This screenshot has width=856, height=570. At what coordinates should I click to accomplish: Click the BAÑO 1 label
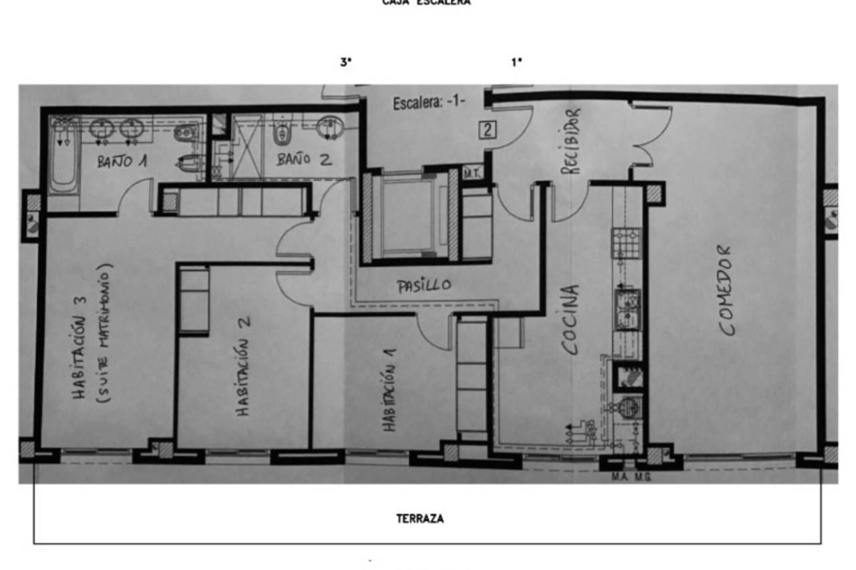[122, 161]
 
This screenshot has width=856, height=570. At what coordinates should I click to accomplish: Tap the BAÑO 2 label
[304, 159]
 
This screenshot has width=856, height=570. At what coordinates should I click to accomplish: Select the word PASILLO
[424, 286]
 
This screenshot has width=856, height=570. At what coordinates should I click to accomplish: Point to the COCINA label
[570, 320]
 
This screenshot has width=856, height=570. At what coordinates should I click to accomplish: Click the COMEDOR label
[726, 290]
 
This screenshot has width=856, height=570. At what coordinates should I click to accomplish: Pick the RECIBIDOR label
[571, 141]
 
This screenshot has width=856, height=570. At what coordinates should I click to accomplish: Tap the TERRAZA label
[420, 519]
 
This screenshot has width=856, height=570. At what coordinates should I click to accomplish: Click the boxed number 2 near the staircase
[488, 130]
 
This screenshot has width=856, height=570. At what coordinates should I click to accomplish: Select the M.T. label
[472, 174]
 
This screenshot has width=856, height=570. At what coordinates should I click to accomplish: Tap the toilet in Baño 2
[282, 130]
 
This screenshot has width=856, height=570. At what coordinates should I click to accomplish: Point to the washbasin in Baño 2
[330, 127]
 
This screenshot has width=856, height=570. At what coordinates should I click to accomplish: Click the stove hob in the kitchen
[627, 243]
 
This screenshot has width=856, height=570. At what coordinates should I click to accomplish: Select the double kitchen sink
[627, 310]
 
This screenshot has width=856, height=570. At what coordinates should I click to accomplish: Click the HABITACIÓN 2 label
[242, 366]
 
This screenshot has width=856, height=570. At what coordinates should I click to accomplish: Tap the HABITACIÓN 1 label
[389, 390]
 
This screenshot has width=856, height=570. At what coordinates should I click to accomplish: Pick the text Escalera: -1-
[429, 103]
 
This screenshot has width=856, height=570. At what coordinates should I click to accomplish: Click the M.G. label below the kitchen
[643, 477]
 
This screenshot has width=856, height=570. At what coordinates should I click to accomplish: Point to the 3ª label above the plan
[346, 62]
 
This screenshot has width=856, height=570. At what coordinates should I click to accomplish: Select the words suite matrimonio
[104, 333]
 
